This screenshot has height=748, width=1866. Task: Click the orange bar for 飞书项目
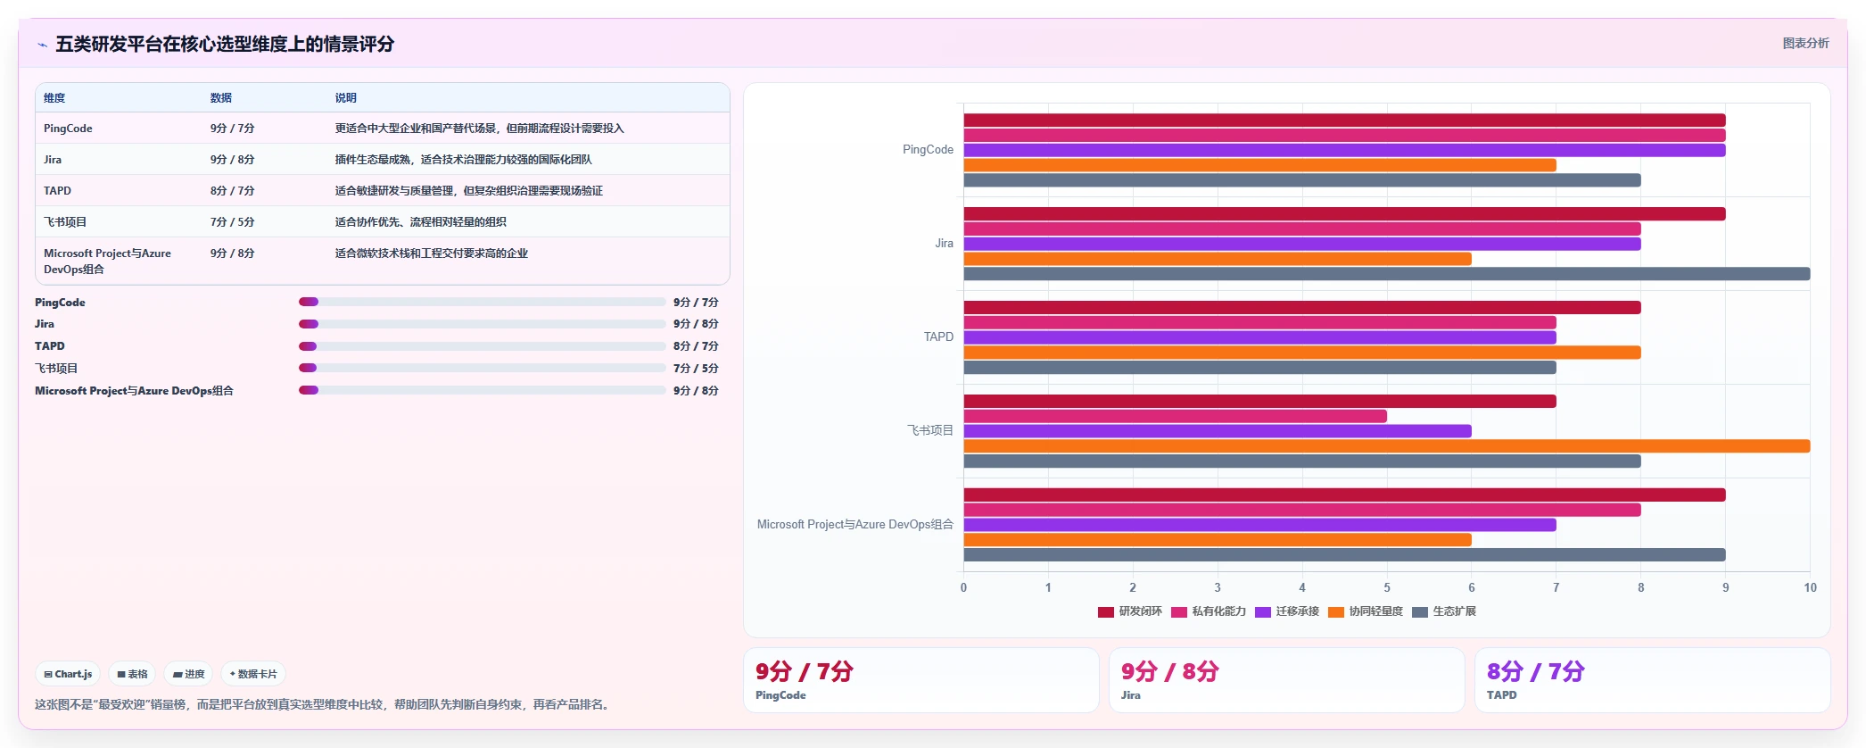click(1387, 446)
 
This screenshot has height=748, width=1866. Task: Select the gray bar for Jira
click(1387, 274)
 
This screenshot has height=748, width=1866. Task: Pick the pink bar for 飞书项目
click(1176, 416)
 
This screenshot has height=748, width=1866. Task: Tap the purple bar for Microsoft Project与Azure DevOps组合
click(1260, 525)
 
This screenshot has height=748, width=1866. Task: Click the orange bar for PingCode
click(1260, 165)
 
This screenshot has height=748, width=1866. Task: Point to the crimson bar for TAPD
click(1302, 307)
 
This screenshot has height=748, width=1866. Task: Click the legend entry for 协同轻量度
click(1366, 611)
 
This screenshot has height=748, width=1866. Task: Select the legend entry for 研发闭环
click(1130, 611)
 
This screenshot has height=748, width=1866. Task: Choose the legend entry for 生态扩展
click(1444, 611)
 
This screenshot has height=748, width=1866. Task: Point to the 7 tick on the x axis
click(1556, 587)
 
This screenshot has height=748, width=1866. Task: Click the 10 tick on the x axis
click(1810, 587)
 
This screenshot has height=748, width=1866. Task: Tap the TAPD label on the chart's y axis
click(938, 337)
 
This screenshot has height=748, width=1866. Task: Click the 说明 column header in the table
click(345, 98)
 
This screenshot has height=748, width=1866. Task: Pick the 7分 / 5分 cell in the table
click(232, 222)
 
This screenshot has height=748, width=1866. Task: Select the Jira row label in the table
click(53, 160)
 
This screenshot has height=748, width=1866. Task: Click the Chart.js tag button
click(69, 674)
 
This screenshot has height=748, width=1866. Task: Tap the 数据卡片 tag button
click(253, 674)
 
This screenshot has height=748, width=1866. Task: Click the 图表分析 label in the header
click(1805, 43)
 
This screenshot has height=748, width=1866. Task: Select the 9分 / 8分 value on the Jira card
click(1169, 671)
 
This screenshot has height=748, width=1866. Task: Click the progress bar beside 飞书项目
click(483, 368)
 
